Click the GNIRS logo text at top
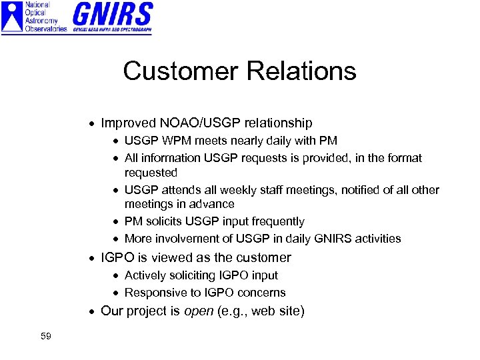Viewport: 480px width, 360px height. [113, 15]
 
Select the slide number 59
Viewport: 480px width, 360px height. [45, 336]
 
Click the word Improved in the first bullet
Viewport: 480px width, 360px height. [128, 123]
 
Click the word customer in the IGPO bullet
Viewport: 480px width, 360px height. [261, 257]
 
